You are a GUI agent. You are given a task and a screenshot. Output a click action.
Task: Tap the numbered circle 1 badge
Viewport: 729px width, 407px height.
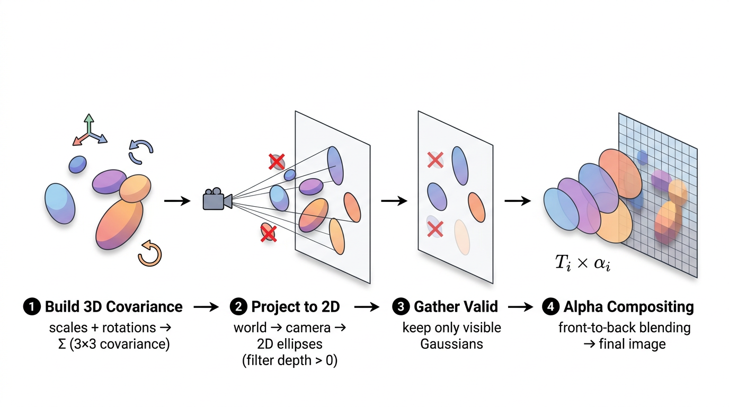(32, 307)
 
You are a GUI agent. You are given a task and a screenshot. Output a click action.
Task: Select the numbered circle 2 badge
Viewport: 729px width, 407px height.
(238, 307)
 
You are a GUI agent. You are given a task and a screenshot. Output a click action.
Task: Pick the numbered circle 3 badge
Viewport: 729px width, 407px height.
(401, 307)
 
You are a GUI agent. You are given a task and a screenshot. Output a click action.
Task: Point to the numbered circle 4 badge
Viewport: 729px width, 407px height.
(550, 307)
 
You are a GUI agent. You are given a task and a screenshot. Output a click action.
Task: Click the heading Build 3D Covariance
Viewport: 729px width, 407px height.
(113, 307)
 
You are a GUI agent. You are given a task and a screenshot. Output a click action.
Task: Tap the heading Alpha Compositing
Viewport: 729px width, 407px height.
(628, 307)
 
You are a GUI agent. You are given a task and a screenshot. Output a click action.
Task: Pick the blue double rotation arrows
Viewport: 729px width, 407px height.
(141, 152)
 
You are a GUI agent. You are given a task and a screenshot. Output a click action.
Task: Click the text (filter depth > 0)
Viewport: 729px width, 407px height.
(289, 361)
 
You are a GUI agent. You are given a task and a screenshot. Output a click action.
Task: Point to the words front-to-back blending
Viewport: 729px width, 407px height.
(624, 328)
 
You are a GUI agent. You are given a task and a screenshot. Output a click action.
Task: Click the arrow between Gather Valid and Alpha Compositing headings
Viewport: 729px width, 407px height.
(520, 307)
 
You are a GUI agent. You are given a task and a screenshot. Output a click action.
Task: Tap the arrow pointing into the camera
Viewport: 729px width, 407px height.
(177, 201)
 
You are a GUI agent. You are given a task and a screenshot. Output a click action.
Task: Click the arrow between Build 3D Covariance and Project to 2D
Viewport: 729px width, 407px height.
(206, 307)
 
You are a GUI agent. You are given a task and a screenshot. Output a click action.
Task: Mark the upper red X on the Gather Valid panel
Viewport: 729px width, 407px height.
(435, 160)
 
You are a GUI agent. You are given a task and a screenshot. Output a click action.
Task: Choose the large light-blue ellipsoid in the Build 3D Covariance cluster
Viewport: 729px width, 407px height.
(59, 203)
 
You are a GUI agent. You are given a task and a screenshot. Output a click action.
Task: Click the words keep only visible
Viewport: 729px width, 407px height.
(451, 328)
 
